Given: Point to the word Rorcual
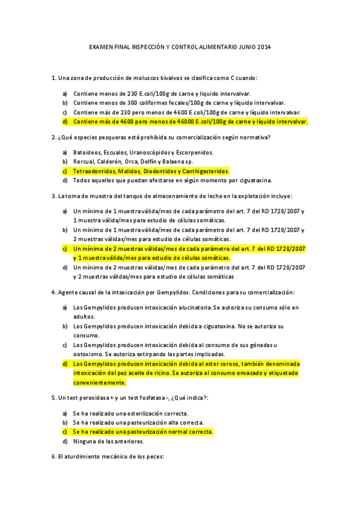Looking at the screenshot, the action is [x=86, y=162].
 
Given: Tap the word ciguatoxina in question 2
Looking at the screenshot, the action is [x=254, y=180].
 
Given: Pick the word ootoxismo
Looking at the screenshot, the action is [x=90, y=354].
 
